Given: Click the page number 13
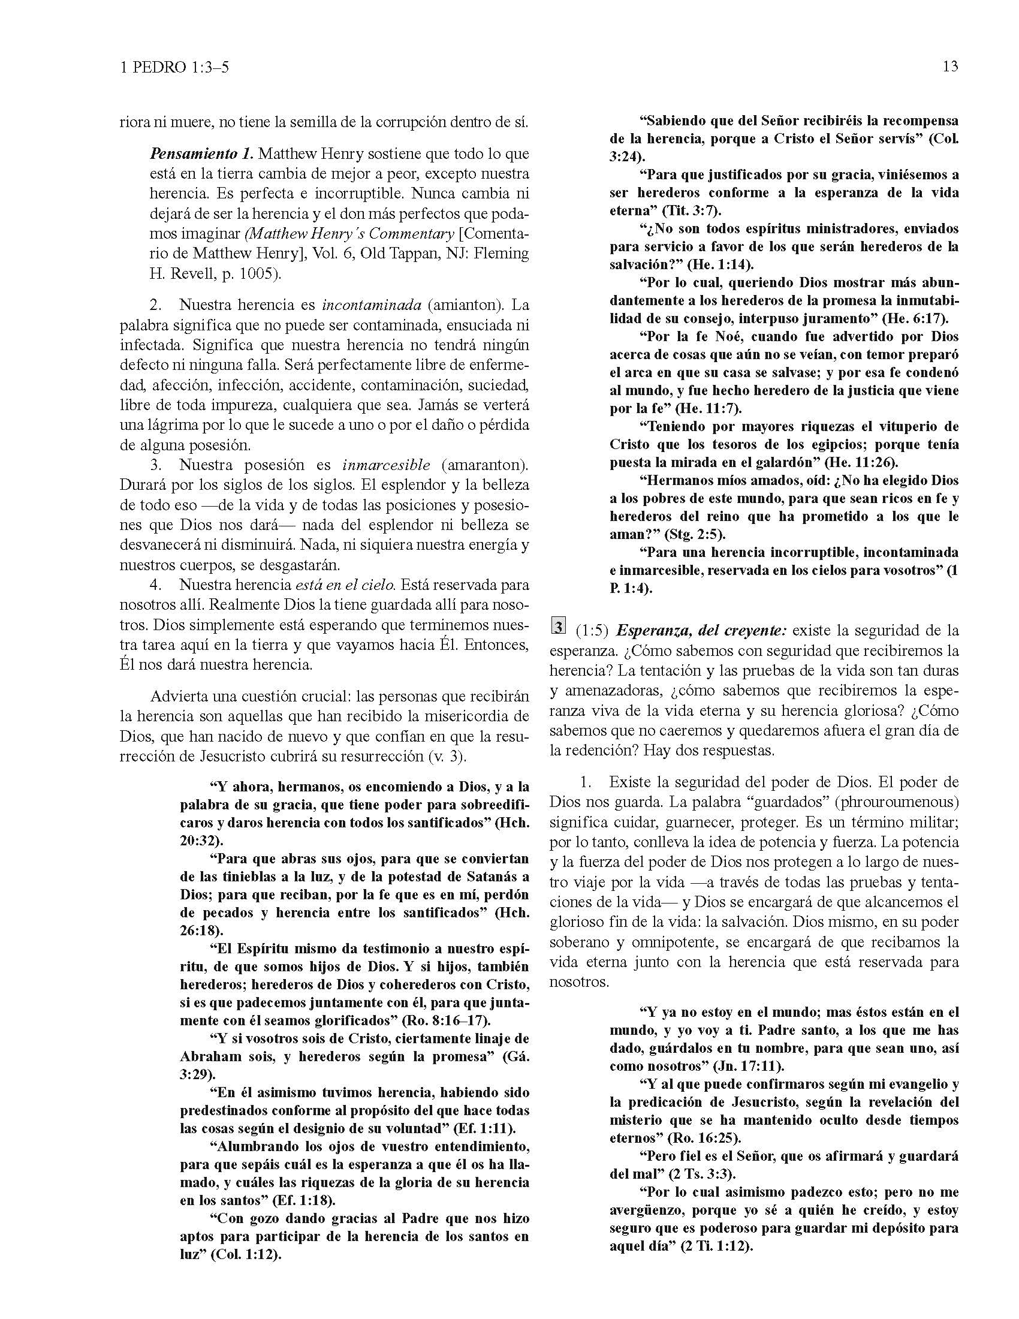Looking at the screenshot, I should point(949,67).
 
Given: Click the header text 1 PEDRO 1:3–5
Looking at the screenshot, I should point(174,68).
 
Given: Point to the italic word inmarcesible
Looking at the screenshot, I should point(387,465).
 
